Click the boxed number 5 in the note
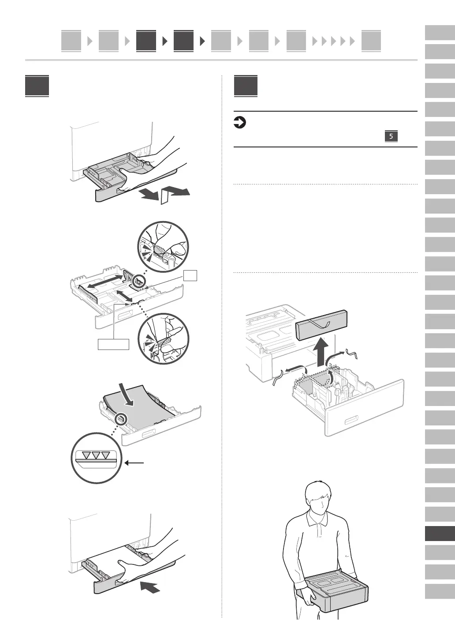391,136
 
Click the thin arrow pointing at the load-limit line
135,463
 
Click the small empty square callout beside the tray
190,275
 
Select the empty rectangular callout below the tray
113,344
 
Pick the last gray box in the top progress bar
371,41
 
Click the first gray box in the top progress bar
71,41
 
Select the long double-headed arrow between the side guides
104,282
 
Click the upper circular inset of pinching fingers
163,248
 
